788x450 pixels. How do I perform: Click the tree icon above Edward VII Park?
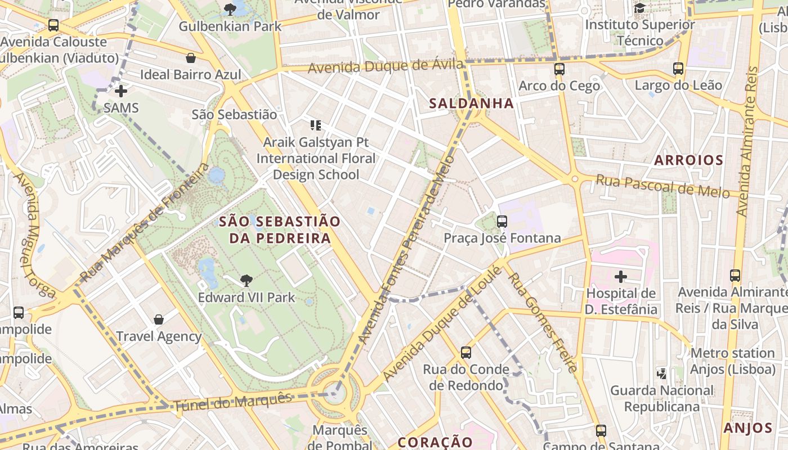(x=246, y=280)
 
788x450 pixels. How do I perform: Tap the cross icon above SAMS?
(x=120, y=91)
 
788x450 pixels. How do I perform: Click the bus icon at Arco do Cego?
(x=559, y=69)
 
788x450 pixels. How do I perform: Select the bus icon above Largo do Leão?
(x=678, y=69)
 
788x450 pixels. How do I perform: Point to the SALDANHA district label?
(x=472, y=103)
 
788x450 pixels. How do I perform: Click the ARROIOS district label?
(x=688, y=160)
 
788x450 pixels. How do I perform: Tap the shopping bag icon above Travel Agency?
(x=159, y=319)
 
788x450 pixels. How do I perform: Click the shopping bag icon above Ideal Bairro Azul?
(x=191, y=58)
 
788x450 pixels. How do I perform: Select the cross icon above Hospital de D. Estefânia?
(x=621, y=276)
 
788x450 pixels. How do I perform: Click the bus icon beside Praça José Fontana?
(x=502, y=222)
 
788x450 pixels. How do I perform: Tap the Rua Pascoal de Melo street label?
(x=662, y=187)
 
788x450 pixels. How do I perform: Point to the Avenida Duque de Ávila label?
(x=386, y=66)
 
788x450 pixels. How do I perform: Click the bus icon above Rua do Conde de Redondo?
(x=465, y=353)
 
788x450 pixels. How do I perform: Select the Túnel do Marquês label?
(x=232, y=402)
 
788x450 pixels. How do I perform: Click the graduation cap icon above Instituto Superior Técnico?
(x=639, y=8)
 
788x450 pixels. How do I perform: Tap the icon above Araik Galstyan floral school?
(x=315, y=125)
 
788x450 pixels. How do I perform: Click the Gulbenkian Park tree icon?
(x=230, y=9)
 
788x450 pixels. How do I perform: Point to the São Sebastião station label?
(x=234, y=115)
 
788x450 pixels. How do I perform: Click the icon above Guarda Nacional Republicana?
(x=662, y=373)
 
